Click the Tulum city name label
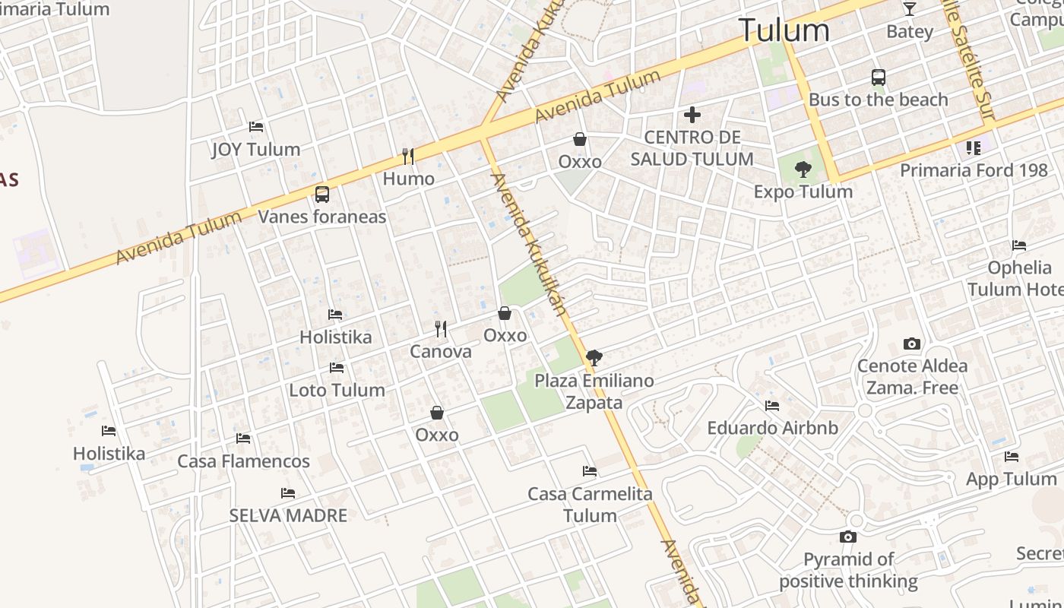[x=784, y=30]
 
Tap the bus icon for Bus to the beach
[x=879, y=78]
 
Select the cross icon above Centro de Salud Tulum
[x=692, y=115]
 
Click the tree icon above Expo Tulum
[x=803, y=169]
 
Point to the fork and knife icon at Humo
[x=408, y=157]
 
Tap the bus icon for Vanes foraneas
[x=322, y=195]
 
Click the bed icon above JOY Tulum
[x=256, y=127]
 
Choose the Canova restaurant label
[x=441, y=351]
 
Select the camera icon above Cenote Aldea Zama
[x=912, y=344]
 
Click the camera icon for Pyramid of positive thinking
[x=848, y=537]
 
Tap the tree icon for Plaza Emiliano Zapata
[x=594, y=357]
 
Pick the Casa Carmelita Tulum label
[x=590, y=504]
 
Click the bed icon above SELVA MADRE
[x=288, y=493]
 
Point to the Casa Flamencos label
[x=243, y=461]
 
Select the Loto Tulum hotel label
[x=337, y=390]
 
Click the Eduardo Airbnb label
[x=772, y=428]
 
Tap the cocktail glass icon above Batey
[x=909, y=9]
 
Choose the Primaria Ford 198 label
[x=974, y=169]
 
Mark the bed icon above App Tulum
[x=1011, y=457]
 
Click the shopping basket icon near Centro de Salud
[x=580, y=139]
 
